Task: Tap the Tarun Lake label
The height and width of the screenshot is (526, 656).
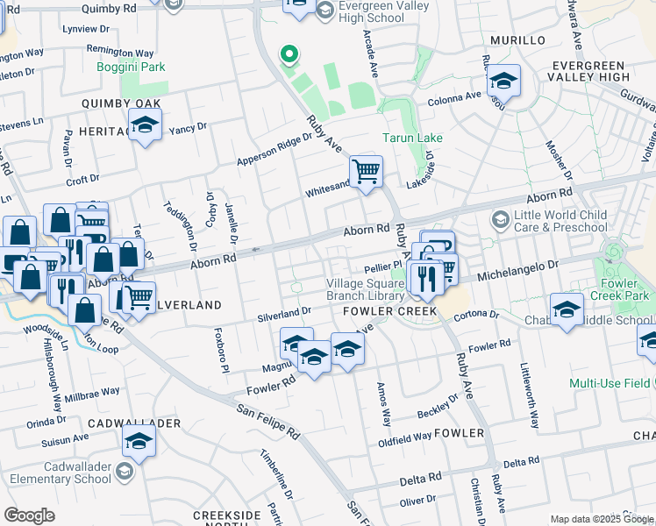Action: pos(412,138)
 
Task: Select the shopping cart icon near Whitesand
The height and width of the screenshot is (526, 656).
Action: pos(366,170)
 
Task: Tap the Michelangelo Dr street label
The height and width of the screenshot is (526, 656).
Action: pos(517,268)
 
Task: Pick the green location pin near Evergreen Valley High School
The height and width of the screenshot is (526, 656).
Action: pos(289,57)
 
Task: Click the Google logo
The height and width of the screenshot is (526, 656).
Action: pos(29,515)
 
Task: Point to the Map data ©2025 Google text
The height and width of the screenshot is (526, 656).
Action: pos(602,519)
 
